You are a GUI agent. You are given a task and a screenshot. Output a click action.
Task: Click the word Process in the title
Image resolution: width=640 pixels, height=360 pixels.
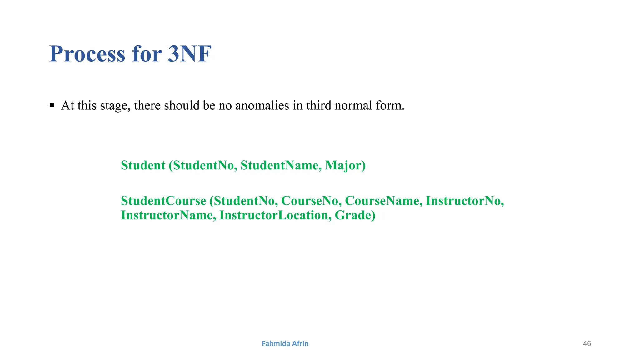tap(87, 54)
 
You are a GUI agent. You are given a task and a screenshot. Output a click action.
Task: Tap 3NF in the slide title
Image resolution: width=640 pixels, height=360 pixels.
tap(190, 54)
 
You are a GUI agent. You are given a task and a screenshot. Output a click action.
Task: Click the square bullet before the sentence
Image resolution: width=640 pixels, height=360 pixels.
tap(52, 105)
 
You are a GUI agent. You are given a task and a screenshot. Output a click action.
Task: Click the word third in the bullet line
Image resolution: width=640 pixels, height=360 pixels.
tap(319, 106)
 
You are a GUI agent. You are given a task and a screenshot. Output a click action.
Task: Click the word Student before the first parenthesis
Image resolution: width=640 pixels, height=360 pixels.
tap(143, 165)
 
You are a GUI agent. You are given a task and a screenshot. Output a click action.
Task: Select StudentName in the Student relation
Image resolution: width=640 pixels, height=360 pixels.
tap(279, 165)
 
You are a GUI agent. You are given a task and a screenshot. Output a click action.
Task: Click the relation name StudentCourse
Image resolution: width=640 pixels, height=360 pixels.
tap(163, 201)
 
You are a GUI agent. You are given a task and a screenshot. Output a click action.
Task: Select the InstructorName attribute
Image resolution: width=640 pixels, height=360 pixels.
tap(167, 215)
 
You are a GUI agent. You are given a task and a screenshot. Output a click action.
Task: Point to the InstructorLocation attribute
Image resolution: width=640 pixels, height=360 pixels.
tap(273, 215)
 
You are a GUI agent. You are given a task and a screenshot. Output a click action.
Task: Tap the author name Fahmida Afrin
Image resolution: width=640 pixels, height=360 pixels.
tap(285, 343)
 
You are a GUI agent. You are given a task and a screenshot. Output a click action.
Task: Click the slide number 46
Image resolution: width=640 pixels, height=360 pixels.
tap(587, 343)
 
